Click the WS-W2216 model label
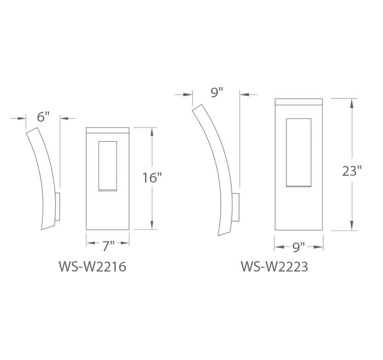[93, 267]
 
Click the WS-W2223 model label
[275, 267]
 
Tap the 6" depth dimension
[43, 117]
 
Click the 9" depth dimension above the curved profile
[217, 93]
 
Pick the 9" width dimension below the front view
[298, 247]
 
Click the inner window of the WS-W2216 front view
[108, 166]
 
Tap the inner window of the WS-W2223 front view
[299, 153]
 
